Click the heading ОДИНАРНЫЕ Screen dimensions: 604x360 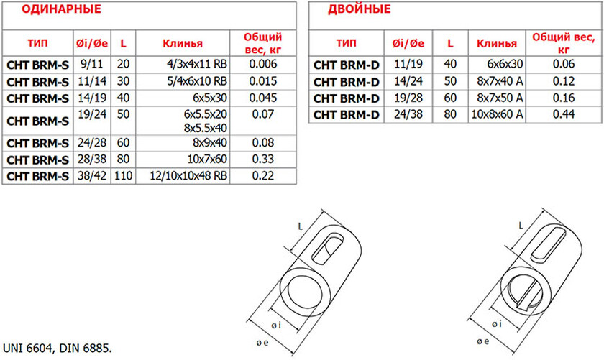pyautogui.click(x=61, y=9)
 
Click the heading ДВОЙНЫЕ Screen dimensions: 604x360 pyautogui.click(x=359, y=9)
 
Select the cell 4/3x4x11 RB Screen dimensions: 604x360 pyautogui.click(x=197, y=64)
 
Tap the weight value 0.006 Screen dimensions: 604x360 pyautogui.click(x=262, y=64)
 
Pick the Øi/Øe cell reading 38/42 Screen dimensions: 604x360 pyautogui.click(x=92, y=176)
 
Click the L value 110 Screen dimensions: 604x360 pyautogui.click(x=123, y=176)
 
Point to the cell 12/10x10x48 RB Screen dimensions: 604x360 pyautogui.click(x=188, y=176)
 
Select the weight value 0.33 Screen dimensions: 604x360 pyautogui.click(x=262, y=159)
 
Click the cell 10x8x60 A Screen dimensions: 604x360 pyautogui.click(x=498, y=114)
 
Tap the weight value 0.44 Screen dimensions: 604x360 pyautogui.click(x=564, y=114)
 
